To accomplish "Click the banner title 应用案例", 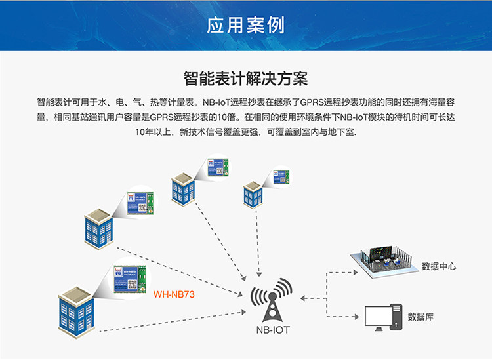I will pyautogui.click(x=246, y=26).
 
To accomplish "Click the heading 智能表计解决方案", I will pyautogui.click(x=246, y=79).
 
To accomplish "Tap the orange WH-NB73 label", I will pyautogui.click(x=174, y=294).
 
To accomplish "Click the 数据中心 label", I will pyautogui.click(x=439, y=267).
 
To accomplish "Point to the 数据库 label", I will pyautogui.click(x=420, y=317).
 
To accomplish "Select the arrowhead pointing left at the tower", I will pyautogui.click(x=304, y=298).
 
